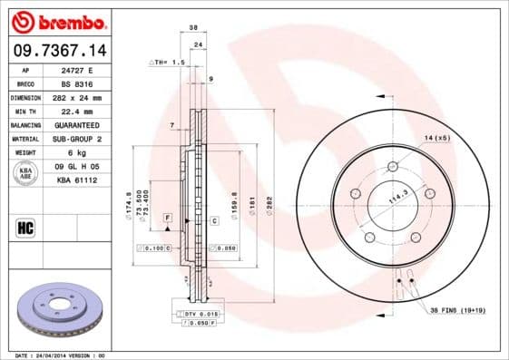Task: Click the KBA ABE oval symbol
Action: [x=26, y=173]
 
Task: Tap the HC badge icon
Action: [x=25, y=227]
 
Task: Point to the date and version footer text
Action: [x=61, y=355]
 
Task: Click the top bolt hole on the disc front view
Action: [x=393, y=166]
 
